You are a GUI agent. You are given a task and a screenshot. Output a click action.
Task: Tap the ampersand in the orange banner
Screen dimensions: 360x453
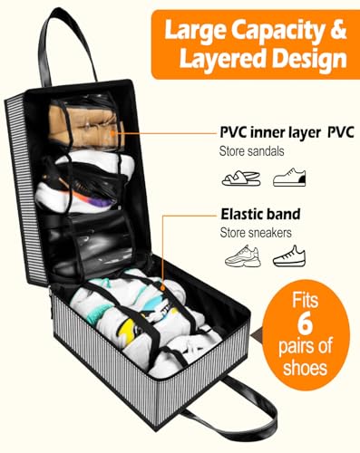coord(338,30)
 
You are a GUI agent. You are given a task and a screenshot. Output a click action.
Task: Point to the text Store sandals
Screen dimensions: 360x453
coord(252,151)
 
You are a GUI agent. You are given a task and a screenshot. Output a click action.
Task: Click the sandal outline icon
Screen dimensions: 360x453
coord(241,178)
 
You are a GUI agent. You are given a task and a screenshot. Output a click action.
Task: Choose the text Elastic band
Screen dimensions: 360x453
coord(260,214)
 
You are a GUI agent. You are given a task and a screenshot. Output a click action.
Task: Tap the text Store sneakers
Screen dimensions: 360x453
coord(256,233)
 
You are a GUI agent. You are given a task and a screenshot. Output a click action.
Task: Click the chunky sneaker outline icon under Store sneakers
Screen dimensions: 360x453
coord(243,255)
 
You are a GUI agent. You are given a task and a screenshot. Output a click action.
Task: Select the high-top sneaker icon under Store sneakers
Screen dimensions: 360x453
coord(289,256)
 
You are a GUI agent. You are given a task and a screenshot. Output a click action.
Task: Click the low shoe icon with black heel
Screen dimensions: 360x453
coord(289,178)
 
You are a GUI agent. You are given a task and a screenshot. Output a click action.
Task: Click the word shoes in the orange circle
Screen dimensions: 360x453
coord(305,368)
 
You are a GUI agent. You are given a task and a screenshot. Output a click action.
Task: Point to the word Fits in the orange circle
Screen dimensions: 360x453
coord(305,300)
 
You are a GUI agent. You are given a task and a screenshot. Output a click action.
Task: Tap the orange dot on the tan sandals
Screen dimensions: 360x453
coord(112,133)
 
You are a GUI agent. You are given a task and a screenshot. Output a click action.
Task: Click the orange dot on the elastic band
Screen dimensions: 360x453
coord(163,287)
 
